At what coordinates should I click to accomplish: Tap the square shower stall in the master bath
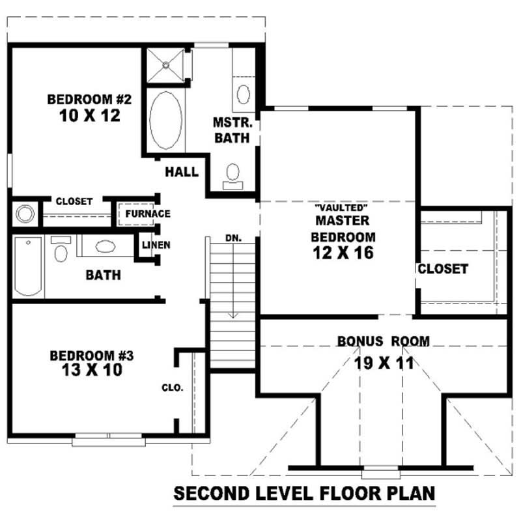pyautogui.click(x=165, y=65)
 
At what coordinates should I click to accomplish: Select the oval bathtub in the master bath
pyautogui.click(x=165, y=121)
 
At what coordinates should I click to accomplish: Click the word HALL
pyautogui.click(x=182, y=172)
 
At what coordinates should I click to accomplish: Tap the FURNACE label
pyautogui.click(x=148, y=214)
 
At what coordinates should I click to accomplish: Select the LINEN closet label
pyautogui.click(x=156, y=246)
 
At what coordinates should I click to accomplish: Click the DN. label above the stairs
pyautogui.click(x=233, y=238)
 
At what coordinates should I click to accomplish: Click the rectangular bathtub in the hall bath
pyautogui.click(x=28, y=267)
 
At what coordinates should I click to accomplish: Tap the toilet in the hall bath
pyautogui.click(x=61, y=250)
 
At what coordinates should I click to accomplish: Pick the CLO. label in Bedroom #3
pyautogui.click(x=173, y=387)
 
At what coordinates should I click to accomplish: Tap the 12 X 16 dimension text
pyautogui.click(x=343, y=253)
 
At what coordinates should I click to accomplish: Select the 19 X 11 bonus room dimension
pyautogui.click(x=384, y=363)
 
